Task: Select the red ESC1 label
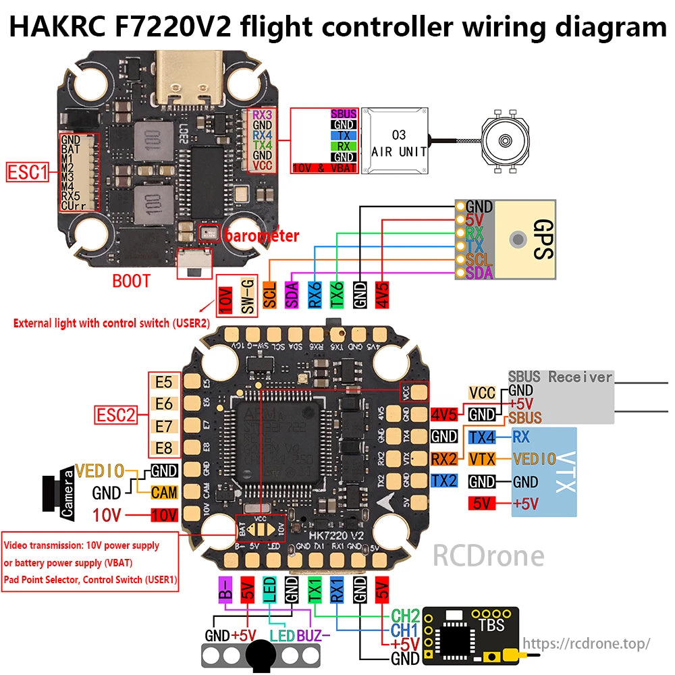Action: [27, 172]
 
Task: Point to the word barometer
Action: [261, 236]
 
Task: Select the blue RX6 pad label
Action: [314, 295]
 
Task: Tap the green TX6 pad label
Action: [337, 295]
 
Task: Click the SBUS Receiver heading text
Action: [560, 377]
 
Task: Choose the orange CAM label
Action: [164, 492]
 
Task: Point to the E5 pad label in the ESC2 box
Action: [163, 382]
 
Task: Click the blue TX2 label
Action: [444, 481]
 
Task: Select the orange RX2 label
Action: [444, 459]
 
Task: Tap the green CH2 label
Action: [405, 615]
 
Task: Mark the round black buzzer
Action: [261, 654]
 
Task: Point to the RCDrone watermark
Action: [488, 556]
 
